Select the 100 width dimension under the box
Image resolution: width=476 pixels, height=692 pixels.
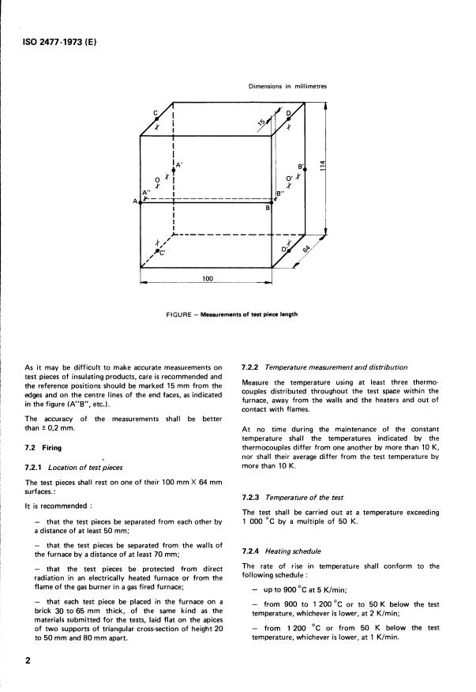[x=206, y=279]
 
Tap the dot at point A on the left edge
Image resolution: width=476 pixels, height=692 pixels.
[x=140, y=203]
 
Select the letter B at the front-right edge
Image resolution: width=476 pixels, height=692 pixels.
[x=267, y=209]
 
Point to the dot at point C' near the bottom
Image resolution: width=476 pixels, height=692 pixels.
[x=158, y=250]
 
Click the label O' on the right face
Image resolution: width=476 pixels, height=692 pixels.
[x=290, y=179]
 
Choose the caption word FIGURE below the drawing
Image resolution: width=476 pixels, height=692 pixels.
[x=179, y=314]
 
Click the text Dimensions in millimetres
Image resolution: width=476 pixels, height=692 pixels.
[x=282, y=85]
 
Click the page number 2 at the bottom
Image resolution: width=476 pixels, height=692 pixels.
[x=29, y=660]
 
